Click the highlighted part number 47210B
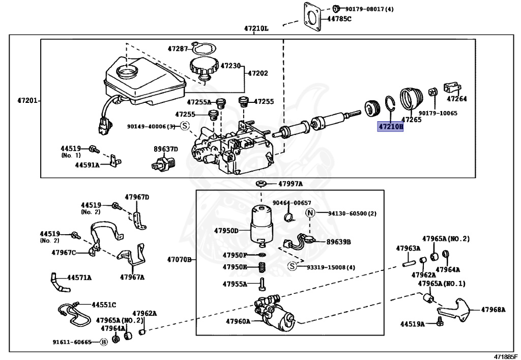coord(390,126)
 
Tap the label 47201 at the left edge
coord(27,100)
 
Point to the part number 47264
coord(456,99)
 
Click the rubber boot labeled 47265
coord(410,99)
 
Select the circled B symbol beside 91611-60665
coord(103,342)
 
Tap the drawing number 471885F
coord(505,356)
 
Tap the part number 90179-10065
coord(438,113)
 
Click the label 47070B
coord(179,260)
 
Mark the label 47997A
coord(290,184)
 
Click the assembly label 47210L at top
coord(256,29)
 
